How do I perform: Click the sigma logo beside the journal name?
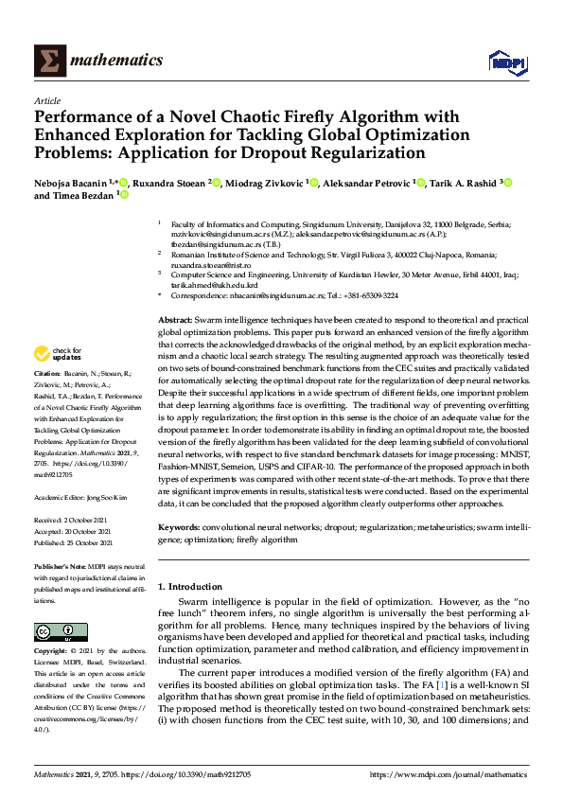click(49, 61)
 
